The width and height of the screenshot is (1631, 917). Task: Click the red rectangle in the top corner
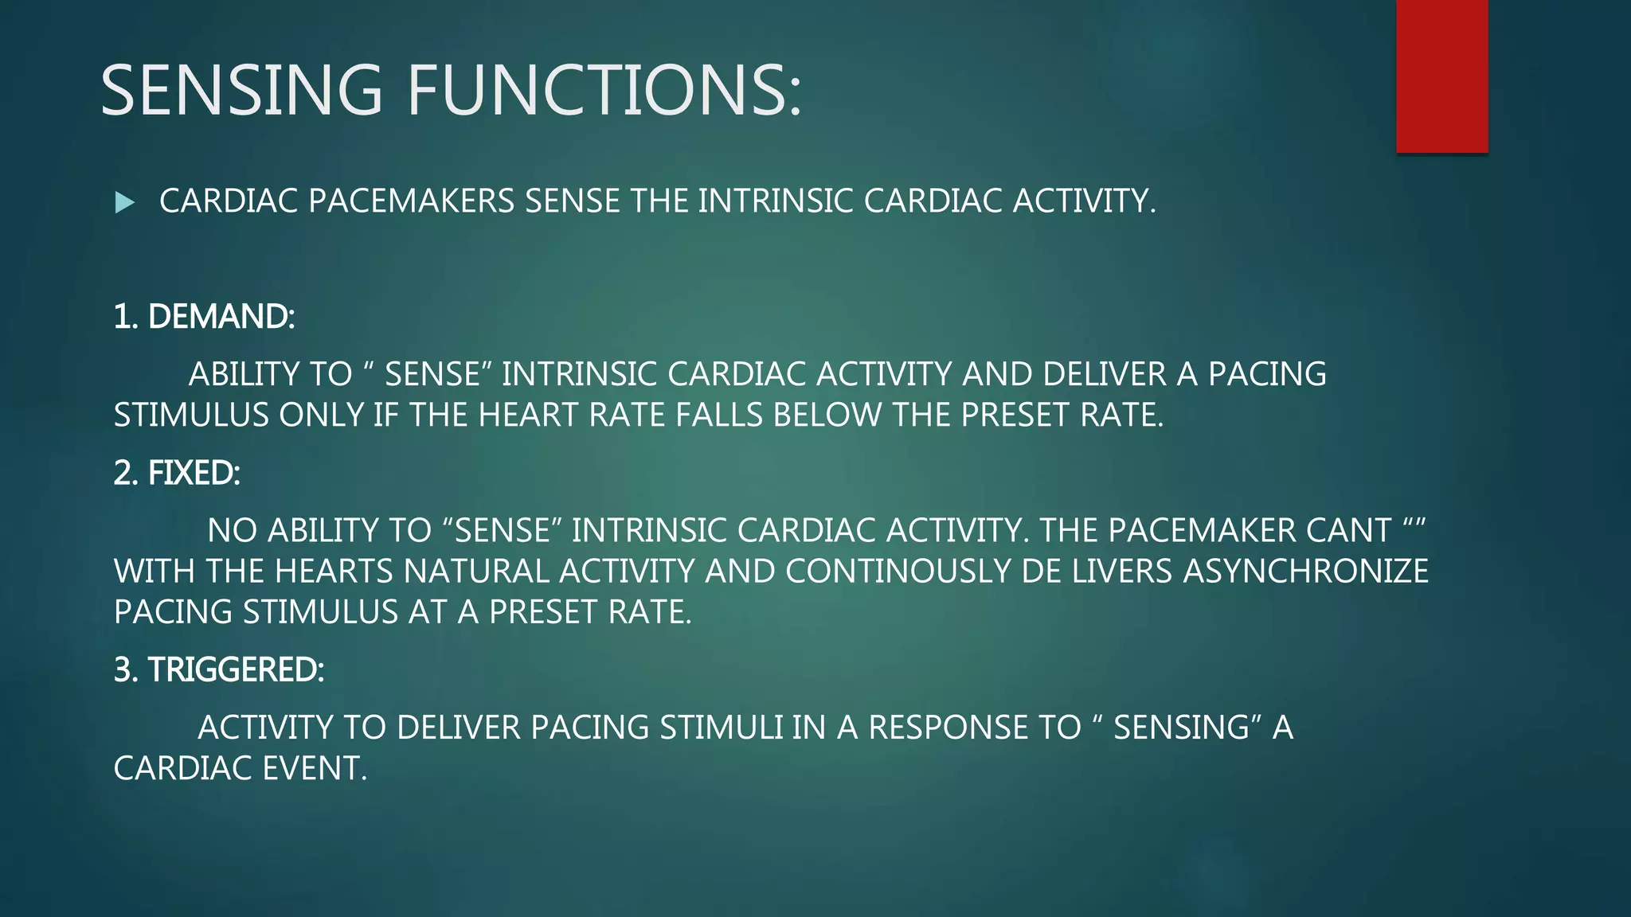tap(1441, 76)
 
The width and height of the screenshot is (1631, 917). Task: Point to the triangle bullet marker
tap(124, 202)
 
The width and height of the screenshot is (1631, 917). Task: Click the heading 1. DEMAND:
tap(204, 317)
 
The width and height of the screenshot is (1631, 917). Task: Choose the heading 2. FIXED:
tap(177, 474)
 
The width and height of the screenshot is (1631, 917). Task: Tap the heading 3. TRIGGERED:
tap(219, 670)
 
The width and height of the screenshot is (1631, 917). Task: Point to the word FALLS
tap(719, 416)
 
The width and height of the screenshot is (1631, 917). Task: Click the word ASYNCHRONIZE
tap(1305, 572)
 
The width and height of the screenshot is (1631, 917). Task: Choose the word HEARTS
tap(334, 572)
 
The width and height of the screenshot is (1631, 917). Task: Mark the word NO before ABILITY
tap(232, 531)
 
